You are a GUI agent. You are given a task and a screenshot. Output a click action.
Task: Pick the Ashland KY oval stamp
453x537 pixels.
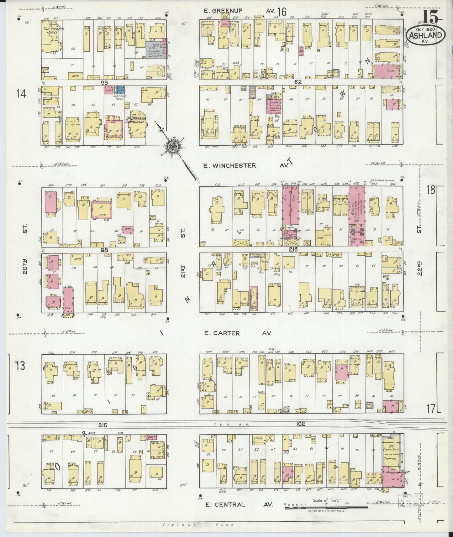425,35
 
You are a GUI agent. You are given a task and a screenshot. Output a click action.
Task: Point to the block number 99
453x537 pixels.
104,82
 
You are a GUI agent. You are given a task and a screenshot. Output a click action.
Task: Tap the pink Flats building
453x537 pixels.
386,71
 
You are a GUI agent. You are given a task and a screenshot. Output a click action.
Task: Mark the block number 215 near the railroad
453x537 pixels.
103,425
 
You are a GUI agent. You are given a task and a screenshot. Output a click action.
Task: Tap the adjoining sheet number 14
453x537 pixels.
21,93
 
